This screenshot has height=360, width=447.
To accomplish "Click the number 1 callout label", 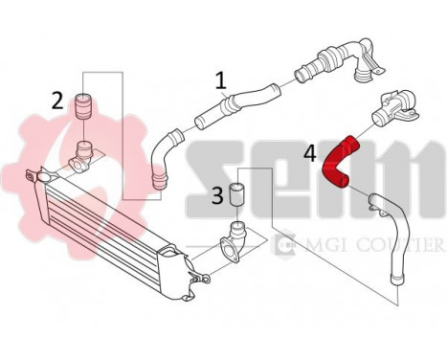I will [221, 80].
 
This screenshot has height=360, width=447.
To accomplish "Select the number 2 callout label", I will [58, 100].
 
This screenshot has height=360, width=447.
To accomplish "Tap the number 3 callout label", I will [217, 196].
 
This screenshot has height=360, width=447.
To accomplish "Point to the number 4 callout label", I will [309, 150].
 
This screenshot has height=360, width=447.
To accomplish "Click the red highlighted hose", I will [344, 162].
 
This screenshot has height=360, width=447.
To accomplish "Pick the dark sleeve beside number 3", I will [239, 195].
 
